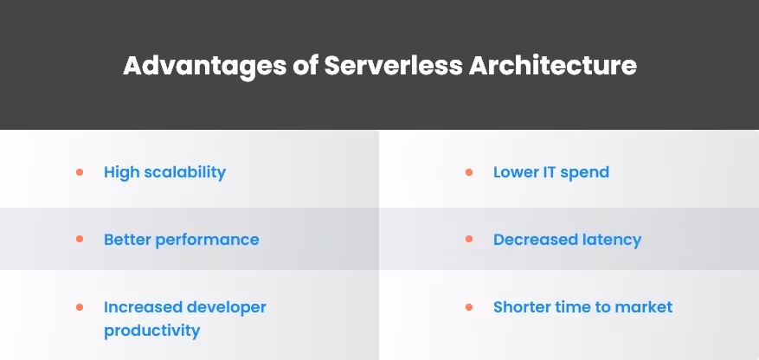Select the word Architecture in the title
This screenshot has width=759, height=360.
[553, 67]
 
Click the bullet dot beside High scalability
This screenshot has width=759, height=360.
[80, 172]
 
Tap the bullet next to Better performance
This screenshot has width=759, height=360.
[80, 239]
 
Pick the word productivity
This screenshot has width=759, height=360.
[151, 331]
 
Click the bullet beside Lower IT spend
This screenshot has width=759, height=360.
[469, 172]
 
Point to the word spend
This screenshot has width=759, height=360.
[584, 172]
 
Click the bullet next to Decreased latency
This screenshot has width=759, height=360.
[469, 239]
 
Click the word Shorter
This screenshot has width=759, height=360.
[523, 307]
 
